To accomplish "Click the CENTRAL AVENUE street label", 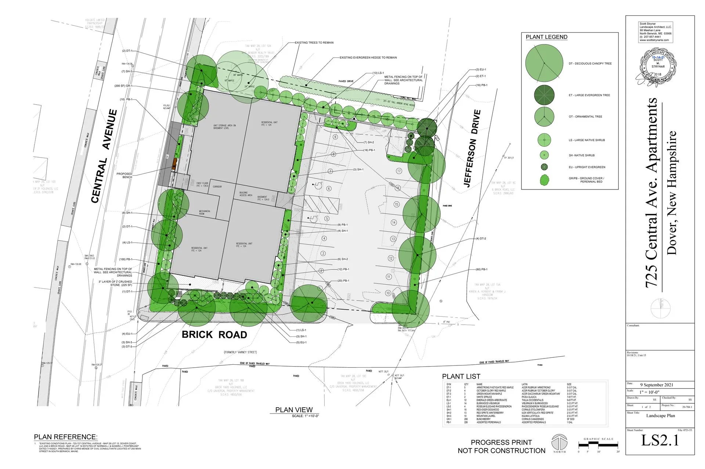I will click(x=104, y=156).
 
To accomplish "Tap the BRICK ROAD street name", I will click(x=214, y=335).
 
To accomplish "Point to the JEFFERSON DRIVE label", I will click(x=472, y=148).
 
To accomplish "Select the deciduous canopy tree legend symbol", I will click(x=544, y=63).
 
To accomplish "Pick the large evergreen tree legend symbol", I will click(x=544, y=95).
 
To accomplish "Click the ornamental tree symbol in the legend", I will click(x=544, y=116).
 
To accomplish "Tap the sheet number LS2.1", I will click(x=660, y=440).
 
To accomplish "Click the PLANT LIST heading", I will click(x=461, y=376).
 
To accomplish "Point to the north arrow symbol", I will click(x=559, y=442).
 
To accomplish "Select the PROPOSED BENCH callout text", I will click(x=124, y=176).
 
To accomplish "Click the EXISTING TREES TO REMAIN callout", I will click(x=314, y=43).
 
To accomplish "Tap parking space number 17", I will click(x=399, y=171).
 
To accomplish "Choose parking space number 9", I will click(x=335, y=137).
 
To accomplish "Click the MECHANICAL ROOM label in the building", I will click(x=205, y=212).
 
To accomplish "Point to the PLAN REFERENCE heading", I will click(x=66, y=437).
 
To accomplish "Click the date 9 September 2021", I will click(x=657, y=385).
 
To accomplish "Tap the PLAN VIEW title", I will click(x=294, y=410).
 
